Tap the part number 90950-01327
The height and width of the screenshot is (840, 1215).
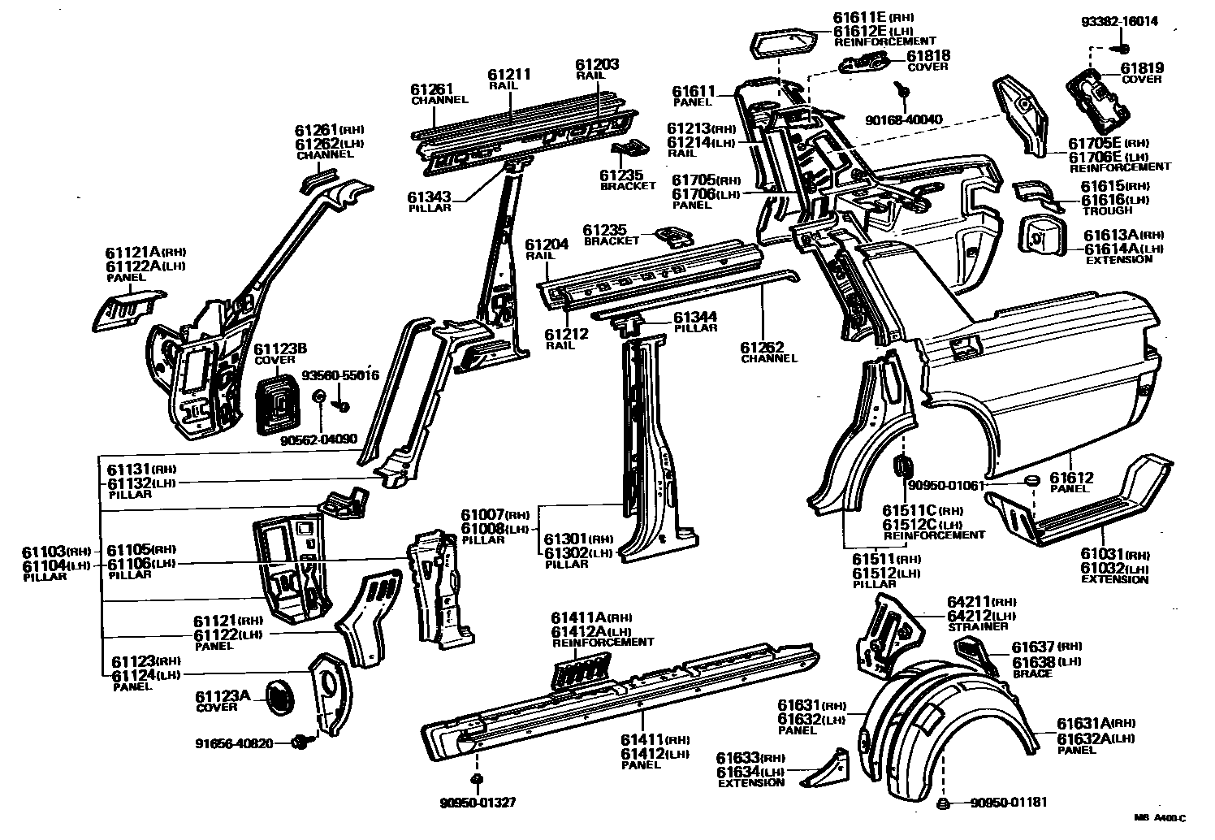478,803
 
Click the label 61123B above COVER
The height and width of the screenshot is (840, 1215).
280,349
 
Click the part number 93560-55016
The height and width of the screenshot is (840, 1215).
340,376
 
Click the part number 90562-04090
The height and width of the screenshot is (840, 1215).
318,439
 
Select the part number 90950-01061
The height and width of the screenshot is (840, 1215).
946,486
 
